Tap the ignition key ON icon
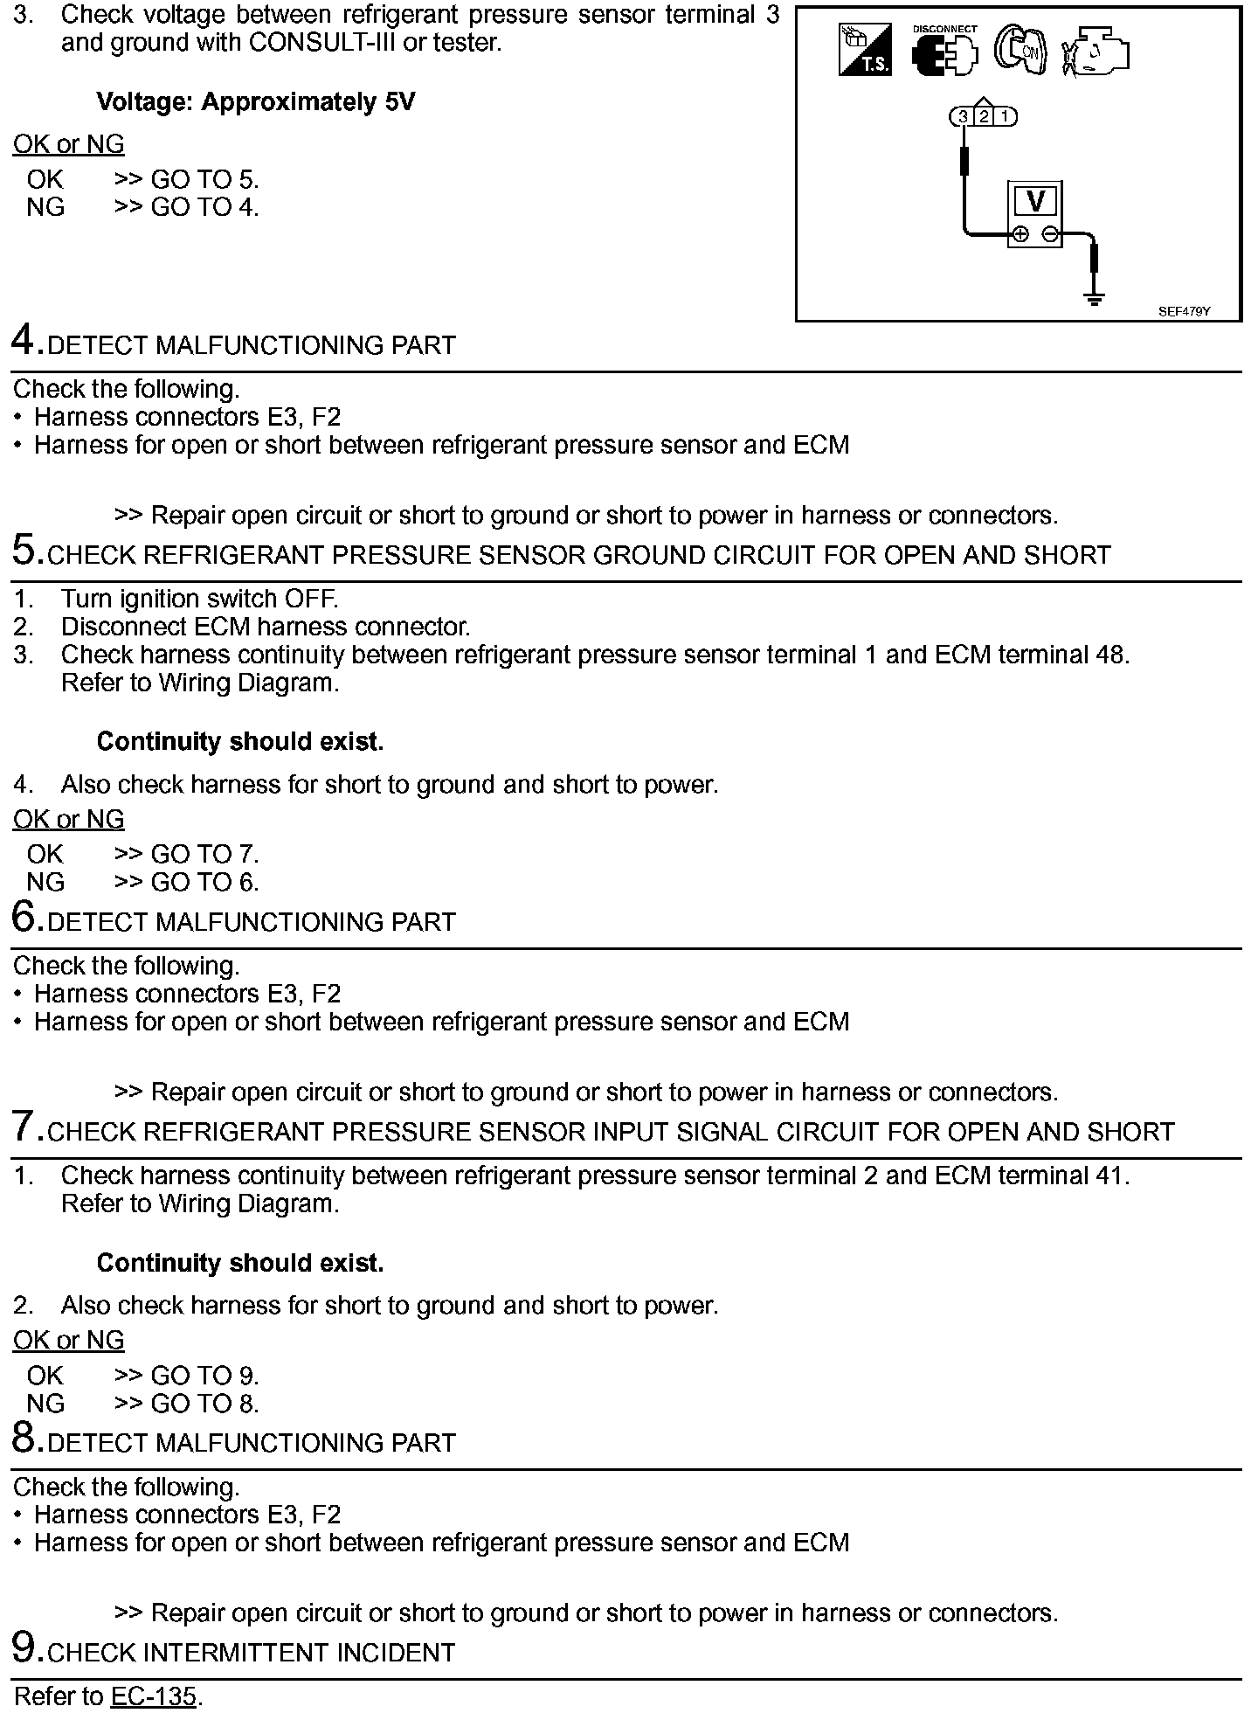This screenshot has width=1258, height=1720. click(1021, 51)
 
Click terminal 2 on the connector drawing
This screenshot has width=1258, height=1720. click(984, 116)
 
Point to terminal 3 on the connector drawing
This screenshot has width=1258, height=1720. click(963, 116)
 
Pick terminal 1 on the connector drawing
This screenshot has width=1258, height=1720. click(1005, 116)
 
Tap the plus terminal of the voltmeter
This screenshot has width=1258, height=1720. click(1020, 234)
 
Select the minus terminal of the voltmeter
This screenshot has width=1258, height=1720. click(1051, 234)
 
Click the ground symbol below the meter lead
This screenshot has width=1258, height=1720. click(1094, 300)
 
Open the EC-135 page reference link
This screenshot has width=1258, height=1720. click(153, 1696)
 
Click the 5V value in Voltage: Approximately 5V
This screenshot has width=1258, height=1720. click(399, 102)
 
